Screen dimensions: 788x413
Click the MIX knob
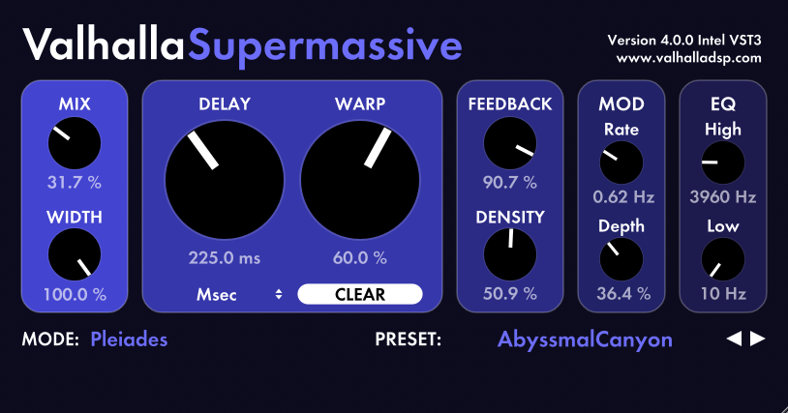75,143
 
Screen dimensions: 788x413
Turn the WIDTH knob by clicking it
75,254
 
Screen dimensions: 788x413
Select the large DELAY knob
225,180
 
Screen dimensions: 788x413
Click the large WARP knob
360,180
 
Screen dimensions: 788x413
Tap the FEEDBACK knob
509,143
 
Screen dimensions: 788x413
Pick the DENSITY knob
509,254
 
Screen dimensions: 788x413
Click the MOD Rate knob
621,162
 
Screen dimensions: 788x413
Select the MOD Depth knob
621,259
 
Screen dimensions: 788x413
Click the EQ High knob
723,162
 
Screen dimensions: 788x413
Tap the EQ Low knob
723,259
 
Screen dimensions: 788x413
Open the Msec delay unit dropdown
239,295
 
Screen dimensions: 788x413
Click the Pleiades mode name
129,339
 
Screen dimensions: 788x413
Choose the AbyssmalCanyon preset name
585,339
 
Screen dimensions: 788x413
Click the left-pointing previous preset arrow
734,339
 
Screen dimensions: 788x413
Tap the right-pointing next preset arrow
757,339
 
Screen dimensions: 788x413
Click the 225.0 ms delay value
225,258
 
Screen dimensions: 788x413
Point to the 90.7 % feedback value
509,182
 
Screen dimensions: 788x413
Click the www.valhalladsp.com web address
688,58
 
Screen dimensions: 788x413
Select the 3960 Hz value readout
723,196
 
